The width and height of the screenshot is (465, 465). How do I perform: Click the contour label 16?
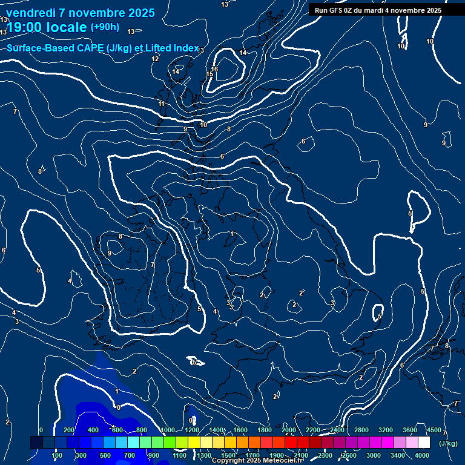tap(214, 69)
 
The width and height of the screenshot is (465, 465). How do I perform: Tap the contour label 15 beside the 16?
tap(210, 74)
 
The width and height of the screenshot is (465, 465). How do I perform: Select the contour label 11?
tap(162, 104)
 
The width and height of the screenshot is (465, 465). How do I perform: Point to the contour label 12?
tap(156, 59)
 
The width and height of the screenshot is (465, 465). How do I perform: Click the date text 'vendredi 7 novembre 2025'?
tap(80, 13)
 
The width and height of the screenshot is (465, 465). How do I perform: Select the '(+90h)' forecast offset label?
tap(105, 27)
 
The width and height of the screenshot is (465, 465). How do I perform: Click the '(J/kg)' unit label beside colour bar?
tap(448, 443)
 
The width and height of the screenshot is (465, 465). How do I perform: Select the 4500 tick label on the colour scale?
tap(434, 430)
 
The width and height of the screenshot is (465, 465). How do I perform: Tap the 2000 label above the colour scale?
tap(289, 430)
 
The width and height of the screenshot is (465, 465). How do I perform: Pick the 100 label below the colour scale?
tap(58, 455)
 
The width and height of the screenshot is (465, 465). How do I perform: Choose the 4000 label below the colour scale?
tap(422, 455)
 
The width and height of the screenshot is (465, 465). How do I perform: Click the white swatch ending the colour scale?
tap(424, 443)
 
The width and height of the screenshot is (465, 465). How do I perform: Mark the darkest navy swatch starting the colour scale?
tap(36, 443)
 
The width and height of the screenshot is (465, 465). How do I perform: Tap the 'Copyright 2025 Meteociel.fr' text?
tap(257, 461)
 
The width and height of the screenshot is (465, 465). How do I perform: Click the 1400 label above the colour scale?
tap(216, 430)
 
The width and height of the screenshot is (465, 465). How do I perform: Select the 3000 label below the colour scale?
tap(374, 455)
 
